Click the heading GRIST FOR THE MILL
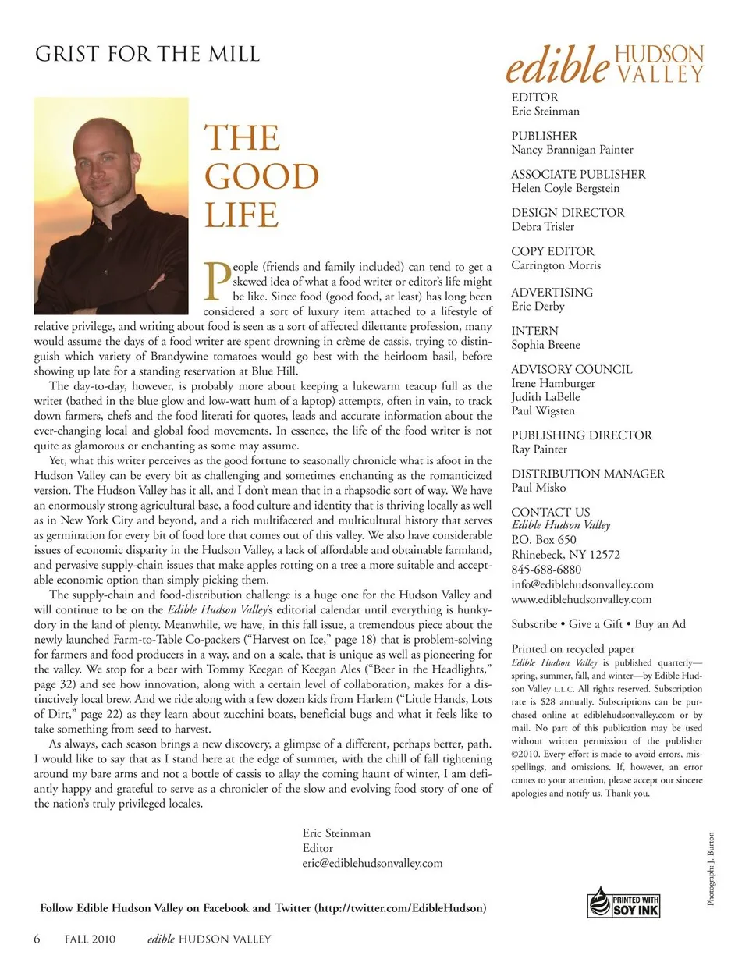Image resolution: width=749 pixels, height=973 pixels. (x=147, y=54)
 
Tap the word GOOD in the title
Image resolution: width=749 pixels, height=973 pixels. (x=261, y=176)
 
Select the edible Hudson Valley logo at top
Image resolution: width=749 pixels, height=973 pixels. (x=605, y=64)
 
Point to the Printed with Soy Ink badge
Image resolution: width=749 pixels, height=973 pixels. (x=623, y=904)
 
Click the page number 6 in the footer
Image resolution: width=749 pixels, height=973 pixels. (x=37, y=939)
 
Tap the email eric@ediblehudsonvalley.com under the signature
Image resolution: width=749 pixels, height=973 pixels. (x=372, y=863)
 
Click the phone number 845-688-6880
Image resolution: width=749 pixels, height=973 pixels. (x=546, y=570)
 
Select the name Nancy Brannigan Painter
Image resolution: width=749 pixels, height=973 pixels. (x=572, y=150)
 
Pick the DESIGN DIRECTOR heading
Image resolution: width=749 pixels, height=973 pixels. (x=567, y=212)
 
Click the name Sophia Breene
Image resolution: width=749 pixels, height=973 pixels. (x=545, y=345)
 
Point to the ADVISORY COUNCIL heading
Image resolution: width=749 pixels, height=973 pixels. (x=571, y=369)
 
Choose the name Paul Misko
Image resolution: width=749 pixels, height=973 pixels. (x=538, y=488)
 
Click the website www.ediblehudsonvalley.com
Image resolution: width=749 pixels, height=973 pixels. (x=581, y=599)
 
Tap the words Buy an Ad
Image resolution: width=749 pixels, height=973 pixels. (x=660, y=624)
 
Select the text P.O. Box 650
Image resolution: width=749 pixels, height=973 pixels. (x=544, y=540)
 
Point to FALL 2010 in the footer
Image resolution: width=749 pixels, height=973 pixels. (x=90, y=939)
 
